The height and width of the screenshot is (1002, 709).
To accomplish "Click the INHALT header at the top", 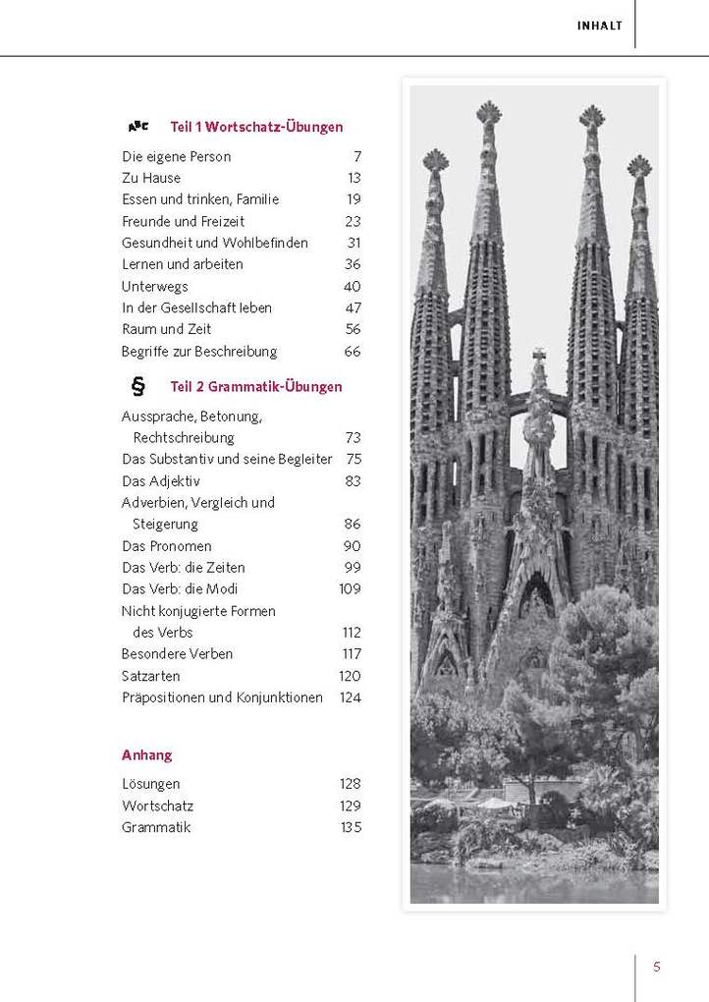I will click(599, 27).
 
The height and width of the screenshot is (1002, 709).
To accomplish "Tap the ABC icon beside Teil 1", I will click(138, 127).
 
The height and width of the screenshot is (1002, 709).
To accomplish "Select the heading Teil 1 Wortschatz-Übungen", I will click(256, 127).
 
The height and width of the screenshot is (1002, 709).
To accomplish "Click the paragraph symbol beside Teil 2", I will click(138, 386).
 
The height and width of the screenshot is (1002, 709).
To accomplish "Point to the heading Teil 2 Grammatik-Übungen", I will click(256, 387).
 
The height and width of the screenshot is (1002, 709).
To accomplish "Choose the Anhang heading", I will click(147, 754).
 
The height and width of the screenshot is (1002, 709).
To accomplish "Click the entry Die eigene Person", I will click(177, 156).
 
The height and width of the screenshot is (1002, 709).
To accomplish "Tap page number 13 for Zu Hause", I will click(354, 178).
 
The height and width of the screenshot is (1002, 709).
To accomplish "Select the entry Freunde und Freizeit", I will click(184, 221).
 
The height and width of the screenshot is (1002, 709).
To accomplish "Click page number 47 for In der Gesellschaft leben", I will click(353, 307).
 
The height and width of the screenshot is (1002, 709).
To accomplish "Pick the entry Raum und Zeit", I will click(167, 329).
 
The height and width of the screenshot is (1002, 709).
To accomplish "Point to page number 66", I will click(353, 351).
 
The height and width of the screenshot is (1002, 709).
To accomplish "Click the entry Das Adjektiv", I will click(161, 480).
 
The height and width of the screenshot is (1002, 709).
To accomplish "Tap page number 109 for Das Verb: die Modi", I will click(350, 588).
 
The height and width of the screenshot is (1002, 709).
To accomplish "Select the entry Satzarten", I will click(151, 675).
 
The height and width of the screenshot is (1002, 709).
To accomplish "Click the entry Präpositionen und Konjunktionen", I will click(222, 697).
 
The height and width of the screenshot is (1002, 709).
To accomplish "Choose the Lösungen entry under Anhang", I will click(151, 784).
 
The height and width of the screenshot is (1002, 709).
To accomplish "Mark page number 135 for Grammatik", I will click(350, 827).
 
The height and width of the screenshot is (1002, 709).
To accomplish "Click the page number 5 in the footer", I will click(657, 967).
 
